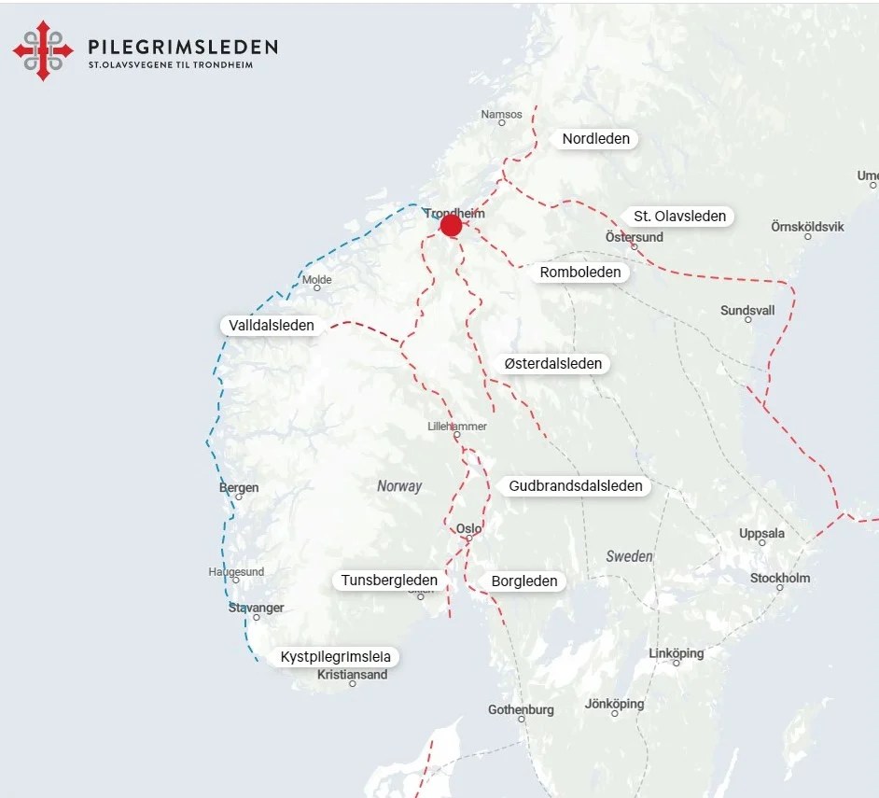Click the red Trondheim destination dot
pos(451,226)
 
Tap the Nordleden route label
pos(595,139)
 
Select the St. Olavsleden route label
pos(679,217)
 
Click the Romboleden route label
pos(579,273)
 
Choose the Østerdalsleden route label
pos(552,363)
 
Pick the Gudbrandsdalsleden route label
pos(575,486)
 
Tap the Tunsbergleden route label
pos(389,581)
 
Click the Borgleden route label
pos(523,581)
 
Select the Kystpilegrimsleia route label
pos(335,657)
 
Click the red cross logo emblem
pos(43,50)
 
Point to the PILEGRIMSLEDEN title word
pos(182,47)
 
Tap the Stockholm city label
pos(780,578)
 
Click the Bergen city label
pos(239,487)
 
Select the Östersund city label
pos(635,237)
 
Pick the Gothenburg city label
pos(521,709)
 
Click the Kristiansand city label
pos(352,675)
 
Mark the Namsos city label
pos(501,115)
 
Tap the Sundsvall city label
pos(747,311)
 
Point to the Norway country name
pos(399,486)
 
